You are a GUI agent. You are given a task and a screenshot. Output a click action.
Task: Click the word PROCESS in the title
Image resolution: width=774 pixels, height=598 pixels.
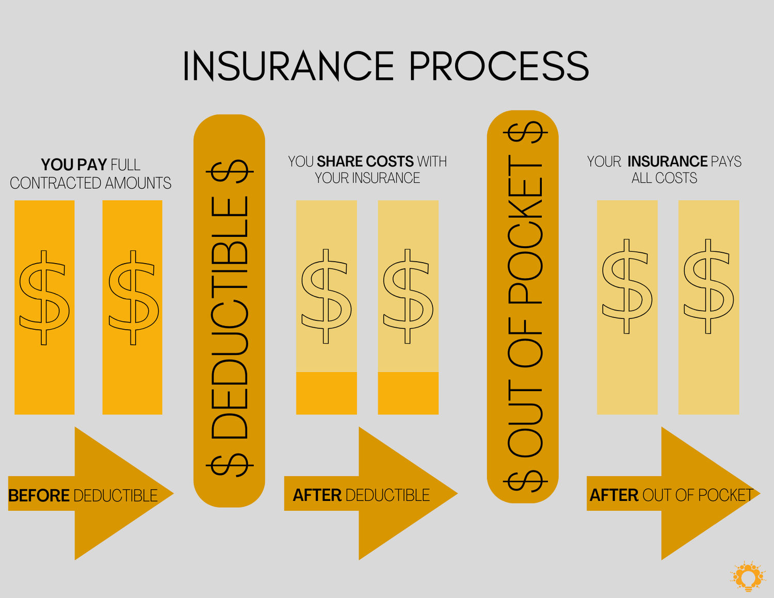(499, 67)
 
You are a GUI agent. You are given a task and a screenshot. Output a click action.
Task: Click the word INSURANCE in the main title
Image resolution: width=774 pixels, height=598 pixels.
(288, 67)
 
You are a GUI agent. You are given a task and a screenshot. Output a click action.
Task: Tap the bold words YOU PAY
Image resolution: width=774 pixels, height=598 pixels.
(74, 165)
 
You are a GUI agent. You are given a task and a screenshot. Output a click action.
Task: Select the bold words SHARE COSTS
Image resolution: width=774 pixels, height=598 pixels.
(365, 161)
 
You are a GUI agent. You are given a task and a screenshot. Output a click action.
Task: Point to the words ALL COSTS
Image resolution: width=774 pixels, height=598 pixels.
(664, 178)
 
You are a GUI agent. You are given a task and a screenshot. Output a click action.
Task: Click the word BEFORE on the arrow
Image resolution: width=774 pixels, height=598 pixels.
(39, 495)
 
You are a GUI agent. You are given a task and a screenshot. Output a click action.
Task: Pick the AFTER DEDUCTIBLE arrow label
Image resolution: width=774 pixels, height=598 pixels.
(361, 495)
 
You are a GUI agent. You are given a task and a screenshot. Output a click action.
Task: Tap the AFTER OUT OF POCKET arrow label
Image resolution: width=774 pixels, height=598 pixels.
(671, 495)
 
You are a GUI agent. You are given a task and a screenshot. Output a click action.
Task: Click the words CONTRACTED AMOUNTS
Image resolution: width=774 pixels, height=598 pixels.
(90, 183)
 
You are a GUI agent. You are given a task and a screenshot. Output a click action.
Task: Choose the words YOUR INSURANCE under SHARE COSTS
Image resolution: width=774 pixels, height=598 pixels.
(367, 178)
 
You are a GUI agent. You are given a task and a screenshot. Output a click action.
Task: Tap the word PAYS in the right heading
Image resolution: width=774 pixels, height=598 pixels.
(725, 161)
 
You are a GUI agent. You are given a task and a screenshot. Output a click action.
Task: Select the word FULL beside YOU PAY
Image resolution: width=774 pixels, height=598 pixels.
(125, 165)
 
